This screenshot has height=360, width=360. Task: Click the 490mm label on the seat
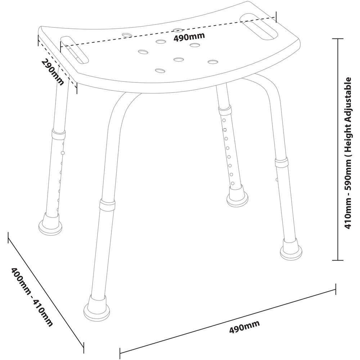pyautogui.click(x=189, y=36)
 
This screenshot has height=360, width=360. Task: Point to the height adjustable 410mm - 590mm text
pyautogui.click(x=348, y=153)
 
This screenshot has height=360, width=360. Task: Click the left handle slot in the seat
pyautogui.click(x=74, y=50)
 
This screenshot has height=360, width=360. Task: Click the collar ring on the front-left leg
pyautogui.click(x=107, y=204)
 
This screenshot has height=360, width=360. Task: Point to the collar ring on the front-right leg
pyautogui.click(x=282, y=162)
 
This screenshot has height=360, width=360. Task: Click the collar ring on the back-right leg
pyautogui.click(x=225, y=110)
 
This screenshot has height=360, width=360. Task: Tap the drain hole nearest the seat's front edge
pyautogui.click(x=160, y=71)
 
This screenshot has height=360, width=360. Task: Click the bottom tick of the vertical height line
pyautogui.click(x=338, y=260)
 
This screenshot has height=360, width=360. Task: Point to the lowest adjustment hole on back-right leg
pyautogui.click(x=233, y=183)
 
